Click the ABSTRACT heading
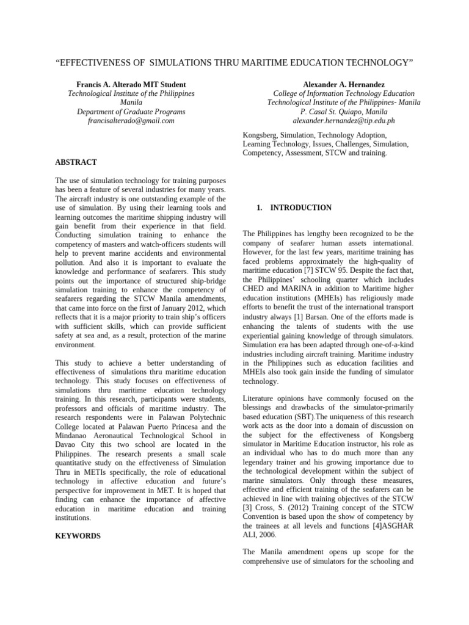tap(76, 163)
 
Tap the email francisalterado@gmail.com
tap(131, 121)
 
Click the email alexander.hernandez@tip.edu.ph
tap(344, 121)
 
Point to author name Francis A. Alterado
tap(113, 84)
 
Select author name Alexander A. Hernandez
tap(343, 84)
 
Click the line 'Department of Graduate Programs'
tap(131, 112)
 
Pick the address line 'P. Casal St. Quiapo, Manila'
tap(344, 112)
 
